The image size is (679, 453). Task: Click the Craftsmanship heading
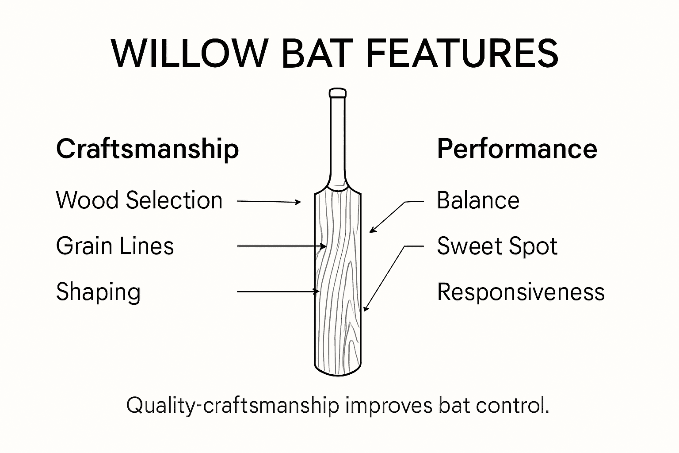[147, 149]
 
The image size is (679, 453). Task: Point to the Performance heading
[517, 149]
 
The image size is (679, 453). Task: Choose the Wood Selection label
[139, 200]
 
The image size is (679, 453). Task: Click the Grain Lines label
[115, 246]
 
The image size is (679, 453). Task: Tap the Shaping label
[98, 292]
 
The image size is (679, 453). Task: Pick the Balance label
[478, 200]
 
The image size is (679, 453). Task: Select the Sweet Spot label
[497, 246]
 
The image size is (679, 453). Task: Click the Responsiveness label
[521, 292]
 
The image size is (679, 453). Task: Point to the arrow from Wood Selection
[269, 201]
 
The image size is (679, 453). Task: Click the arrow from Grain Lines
[281, 246]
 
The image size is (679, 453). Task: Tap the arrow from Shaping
[278, 292]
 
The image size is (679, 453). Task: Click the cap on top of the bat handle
[338, 93]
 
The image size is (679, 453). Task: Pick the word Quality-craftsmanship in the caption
[233, 406]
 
